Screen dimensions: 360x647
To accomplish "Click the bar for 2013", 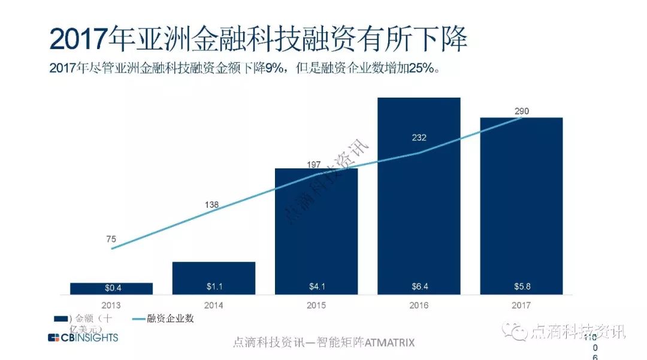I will [x=111, y=288].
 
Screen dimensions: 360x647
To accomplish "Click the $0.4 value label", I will [x=111, y=288].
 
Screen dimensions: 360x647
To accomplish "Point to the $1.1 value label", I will [x=214, y=286].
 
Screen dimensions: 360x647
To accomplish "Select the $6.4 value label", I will [x=419, y=286].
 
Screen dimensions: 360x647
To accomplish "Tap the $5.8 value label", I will [x=521, y=286].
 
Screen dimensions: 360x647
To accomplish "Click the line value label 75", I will [x=111, y=239].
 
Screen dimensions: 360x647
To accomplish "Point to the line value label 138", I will [x=211, y=205].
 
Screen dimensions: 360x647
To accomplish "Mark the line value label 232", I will [x=419, y=138].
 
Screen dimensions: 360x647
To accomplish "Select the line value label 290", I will [x=521, y=111].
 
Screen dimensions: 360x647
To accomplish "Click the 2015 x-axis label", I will [x=316, y=305].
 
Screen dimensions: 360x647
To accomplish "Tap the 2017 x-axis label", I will [x=521, y=305].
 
